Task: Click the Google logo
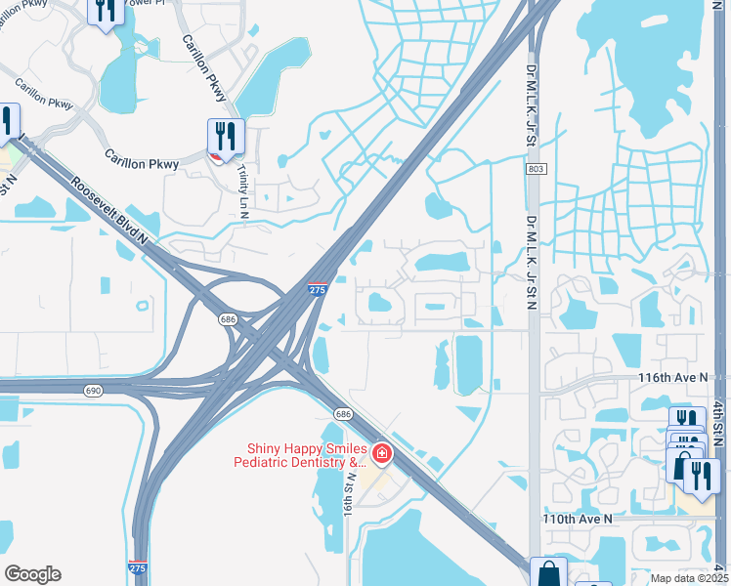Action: [x=32, y=574]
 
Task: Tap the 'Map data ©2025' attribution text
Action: [x=689, y=578]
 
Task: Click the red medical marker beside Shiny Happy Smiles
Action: [x=380, y=454]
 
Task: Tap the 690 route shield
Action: [x=93, y=390]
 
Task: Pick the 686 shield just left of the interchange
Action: [x=228, y=319]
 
